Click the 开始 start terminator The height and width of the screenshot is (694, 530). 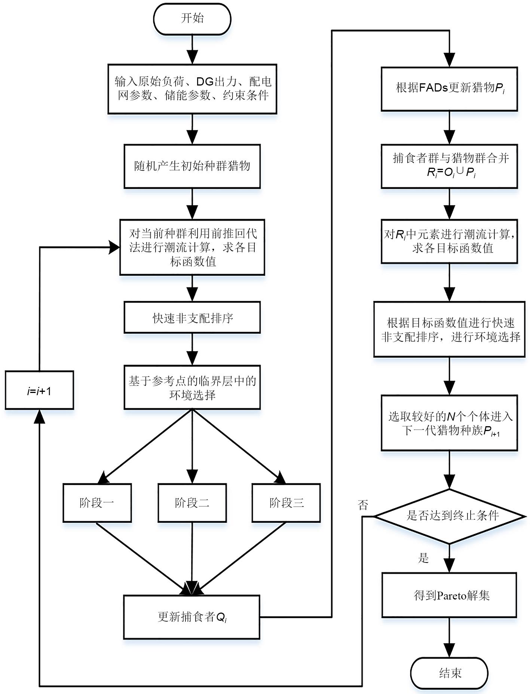(x=192, y=19)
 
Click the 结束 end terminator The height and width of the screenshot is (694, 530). (x=449, y=673)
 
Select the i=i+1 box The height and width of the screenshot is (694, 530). (x=39, y=390)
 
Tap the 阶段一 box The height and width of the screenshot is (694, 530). (x=97, y=503)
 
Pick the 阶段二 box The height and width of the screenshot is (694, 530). (x=192, y=503)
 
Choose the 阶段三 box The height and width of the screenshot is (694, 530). (x=286, y=503)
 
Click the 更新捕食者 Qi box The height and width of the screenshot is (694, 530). (x=192, y=617)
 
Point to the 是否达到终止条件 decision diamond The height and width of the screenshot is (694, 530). (x=449, y=516)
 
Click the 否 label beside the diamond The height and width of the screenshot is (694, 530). (x=363, y=505)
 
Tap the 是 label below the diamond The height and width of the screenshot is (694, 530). (x=423, y=558)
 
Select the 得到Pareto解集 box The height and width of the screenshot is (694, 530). (x=449, y=595)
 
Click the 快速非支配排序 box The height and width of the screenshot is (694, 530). (x=192, y=318)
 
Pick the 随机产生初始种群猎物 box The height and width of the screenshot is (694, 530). (x=192, y=166)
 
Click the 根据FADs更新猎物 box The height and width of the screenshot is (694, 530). (x=449, y=89)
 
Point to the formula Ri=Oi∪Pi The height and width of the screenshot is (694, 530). (x=451, y=173)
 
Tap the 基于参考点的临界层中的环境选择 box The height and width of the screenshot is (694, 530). (x=192, y=387)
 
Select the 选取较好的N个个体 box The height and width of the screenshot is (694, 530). (x=449, y=423)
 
